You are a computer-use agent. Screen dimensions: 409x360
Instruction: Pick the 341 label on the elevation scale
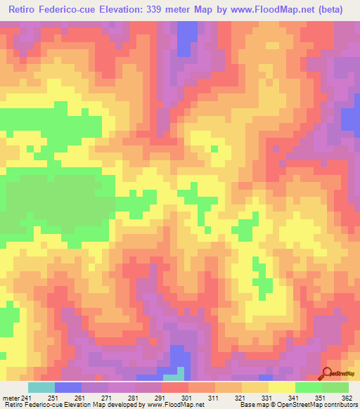(x=290, y=397)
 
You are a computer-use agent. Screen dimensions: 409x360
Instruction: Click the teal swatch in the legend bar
(x=41, y=387)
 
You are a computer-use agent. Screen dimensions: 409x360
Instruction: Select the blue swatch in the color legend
(x=68, y=387)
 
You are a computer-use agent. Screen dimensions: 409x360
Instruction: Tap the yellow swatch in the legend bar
(x=282, y=387)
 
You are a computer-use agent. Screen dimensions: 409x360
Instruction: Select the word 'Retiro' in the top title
(x=25, y=9)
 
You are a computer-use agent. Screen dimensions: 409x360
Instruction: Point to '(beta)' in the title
(x=337, y=9)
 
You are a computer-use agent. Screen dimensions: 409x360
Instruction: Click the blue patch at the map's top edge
(x=186, y=35)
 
